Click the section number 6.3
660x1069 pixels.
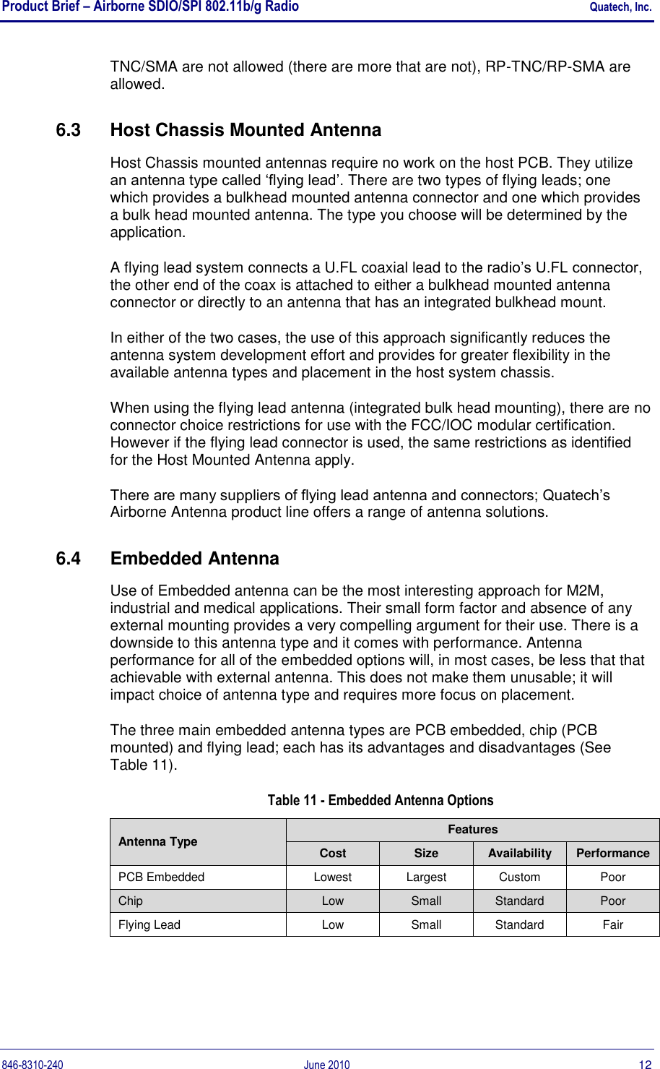[68, 130]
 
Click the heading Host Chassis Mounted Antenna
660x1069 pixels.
[246, 130]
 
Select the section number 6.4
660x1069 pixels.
[68, 559]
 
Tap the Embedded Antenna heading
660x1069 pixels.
[194, 559]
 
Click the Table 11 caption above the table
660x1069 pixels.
[381, 800]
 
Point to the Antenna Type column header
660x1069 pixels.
[157, 841]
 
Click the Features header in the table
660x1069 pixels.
[472, 830]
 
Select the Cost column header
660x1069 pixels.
[333, 854]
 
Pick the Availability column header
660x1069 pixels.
[519, 854]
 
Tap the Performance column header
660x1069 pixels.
[612, 854]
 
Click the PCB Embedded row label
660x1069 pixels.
[162, 877]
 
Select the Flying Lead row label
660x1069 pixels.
[149, 925]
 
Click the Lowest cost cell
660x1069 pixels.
[333, 877]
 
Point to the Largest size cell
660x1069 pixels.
[426, 877]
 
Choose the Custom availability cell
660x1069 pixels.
[519, 877]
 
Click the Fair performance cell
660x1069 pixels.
[612, 925]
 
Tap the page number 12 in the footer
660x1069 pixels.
[645, 1065]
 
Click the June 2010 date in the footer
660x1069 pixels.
[326, 1065]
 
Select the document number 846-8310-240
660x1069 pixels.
[32, 1065]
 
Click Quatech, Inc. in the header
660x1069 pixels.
[620, 7]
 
